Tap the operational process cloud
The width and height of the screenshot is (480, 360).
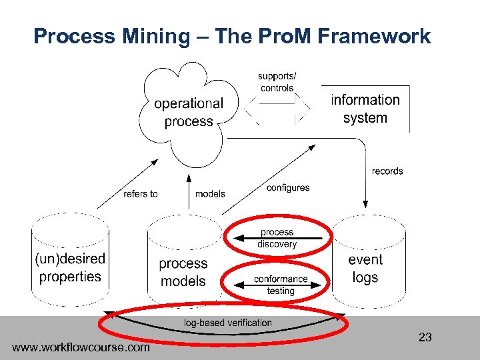(x=188, y=113)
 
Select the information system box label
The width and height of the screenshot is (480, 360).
(x=365, y=109)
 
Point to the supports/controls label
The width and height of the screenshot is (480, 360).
(x=277, y=82)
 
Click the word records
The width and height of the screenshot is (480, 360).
(x=387, y=171)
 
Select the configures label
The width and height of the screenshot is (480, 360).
(x=288, y=187)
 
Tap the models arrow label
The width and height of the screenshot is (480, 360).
(x=210, y=194)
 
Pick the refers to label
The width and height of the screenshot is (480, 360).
(x=141, y=194)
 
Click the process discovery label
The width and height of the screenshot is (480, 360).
(x=277, y=238)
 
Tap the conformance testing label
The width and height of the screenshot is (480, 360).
(x=281, y=285)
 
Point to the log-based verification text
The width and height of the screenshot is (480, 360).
(x=228, y=323)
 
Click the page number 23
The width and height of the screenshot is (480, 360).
(x=425, y=337)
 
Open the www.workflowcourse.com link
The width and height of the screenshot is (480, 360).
(x=81, y=347)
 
